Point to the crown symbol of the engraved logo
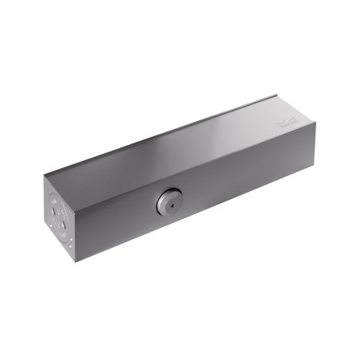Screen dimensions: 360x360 [287, 121]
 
